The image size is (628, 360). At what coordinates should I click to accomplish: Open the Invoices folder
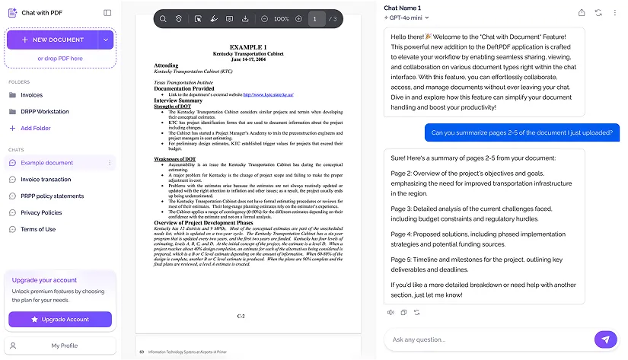point(31,95)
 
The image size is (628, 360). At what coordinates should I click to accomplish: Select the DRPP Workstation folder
point(44,112)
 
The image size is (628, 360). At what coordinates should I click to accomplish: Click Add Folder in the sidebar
point(36,128)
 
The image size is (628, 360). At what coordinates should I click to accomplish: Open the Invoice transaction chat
point(46,180)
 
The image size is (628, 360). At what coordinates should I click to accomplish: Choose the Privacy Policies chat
point(41,213)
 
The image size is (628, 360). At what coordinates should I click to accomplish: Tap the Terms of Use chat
point(38,229)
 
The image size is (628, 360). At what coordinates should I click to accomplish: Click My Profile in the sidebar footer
point(64,346)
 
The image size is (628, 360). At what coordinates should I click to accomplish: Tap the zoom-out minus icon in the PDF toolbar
point(264,18)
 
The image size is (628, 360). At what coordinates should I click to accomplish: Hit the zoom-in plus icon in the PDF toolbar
point(298,18)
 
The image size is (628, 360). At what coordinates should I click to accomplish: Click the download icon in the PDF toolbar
point(245,18)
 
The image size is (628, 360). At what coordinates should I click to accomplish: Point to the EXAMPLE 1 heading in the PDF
point(248,47)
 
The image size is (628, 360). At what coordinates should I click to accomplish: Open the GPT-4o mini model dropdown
point(408,18)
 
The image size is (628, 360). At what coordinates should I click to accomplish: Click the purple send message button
point(605,339)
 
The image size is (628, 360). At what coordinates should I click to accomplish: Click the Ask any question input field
point(487,339)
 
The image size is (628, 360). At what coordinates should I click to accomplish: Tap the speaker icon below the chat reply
point(391,312)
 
